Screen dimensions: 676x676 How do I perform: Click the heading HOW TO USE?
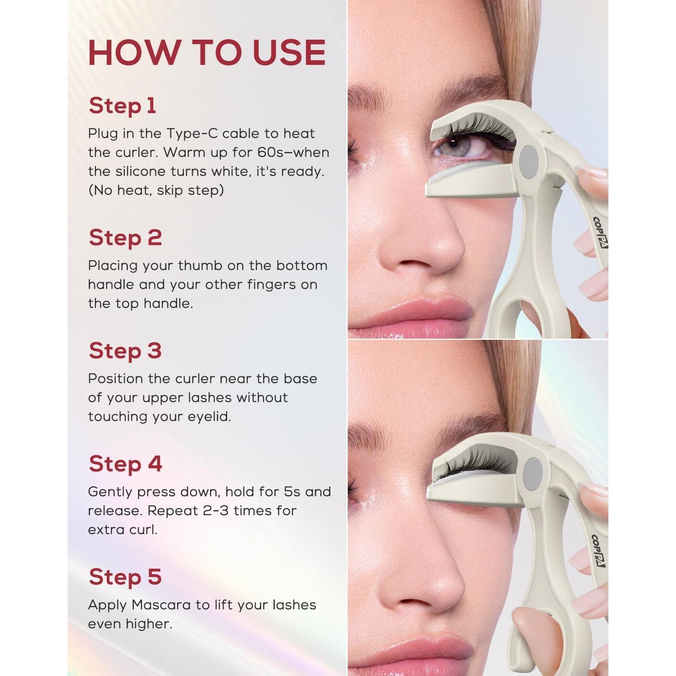tap(206, 52)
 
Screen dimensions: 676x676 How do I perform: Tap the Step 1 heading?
tap(122, 106)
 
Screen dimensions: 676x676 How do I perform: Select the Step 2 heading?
tap(125, 238)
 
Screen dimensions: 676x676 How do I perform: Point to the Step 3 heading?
tap(125, 351)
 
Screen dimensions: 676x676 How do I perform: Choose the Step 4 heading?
tap(125, 464)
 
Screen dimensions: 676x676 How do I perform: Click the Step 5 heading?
tap(125, 577)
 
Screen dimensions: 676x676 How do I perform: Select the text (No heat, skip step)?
tap(156, 190)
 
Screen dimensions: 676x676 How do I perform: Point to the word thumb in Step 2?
tap(201, 265)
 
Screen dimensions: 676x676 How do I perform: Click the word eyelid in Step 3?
tap(209, 416)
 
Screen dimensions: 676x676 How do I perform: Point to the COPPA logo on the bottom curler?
tap(598, 551)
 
